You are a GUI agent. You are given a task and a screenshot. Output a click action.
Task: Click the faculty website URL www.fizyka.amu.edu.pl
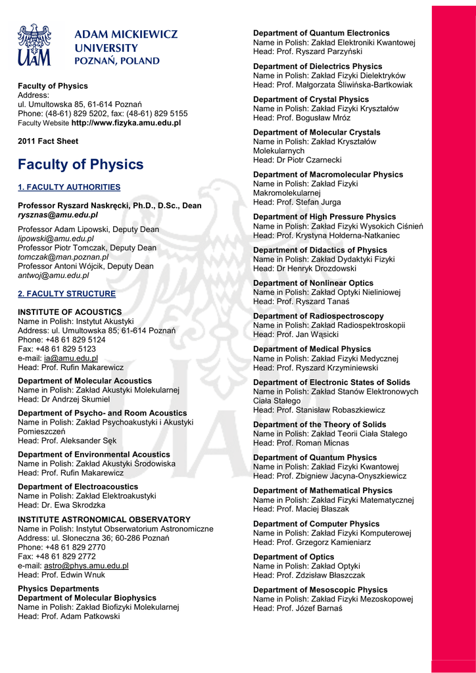[126, 123]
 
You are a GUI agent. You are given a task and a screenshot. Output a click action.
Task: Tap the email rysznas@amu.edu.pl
[58, 215]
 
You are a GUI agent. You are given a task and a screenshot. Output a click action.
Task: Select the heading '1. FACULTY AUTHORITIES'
[69, 187]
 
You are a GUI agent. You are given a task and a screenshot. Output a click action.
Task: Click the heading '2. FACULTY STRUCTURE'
[66, 294]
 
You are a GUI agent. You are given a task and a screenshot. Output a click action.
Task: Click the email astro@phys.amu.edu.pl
[86, 565]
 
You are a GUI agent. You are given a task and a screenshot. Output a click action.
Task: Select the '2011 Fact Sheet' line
[48, 141]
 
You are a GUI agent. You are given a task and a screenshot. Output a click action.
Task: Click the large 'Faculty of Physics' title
[80, 164]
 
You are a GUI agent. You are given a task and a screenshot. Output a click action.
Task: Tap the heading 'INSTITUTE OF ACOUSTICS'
[70, 312]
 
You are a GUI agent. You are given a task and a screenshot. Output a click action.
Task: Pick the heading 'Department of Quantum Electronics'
[321, 33]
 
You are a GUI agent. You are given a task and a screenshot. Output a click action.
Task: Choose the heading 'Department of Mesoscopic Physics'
[320, 590]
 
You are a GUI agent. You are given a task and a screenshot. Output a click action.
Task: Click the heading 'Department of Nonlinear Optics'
[313, 283]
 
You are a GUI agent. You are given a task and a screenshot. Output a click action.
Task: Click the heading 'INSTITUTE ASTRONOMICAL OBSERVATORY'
[104, 519]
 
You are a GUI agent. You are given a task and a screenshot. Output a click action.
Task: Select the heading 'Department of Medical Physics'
[312, 349]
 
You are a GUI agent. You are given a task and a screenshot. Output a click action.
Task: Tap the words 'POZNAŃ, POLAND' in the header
[117, 61]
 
